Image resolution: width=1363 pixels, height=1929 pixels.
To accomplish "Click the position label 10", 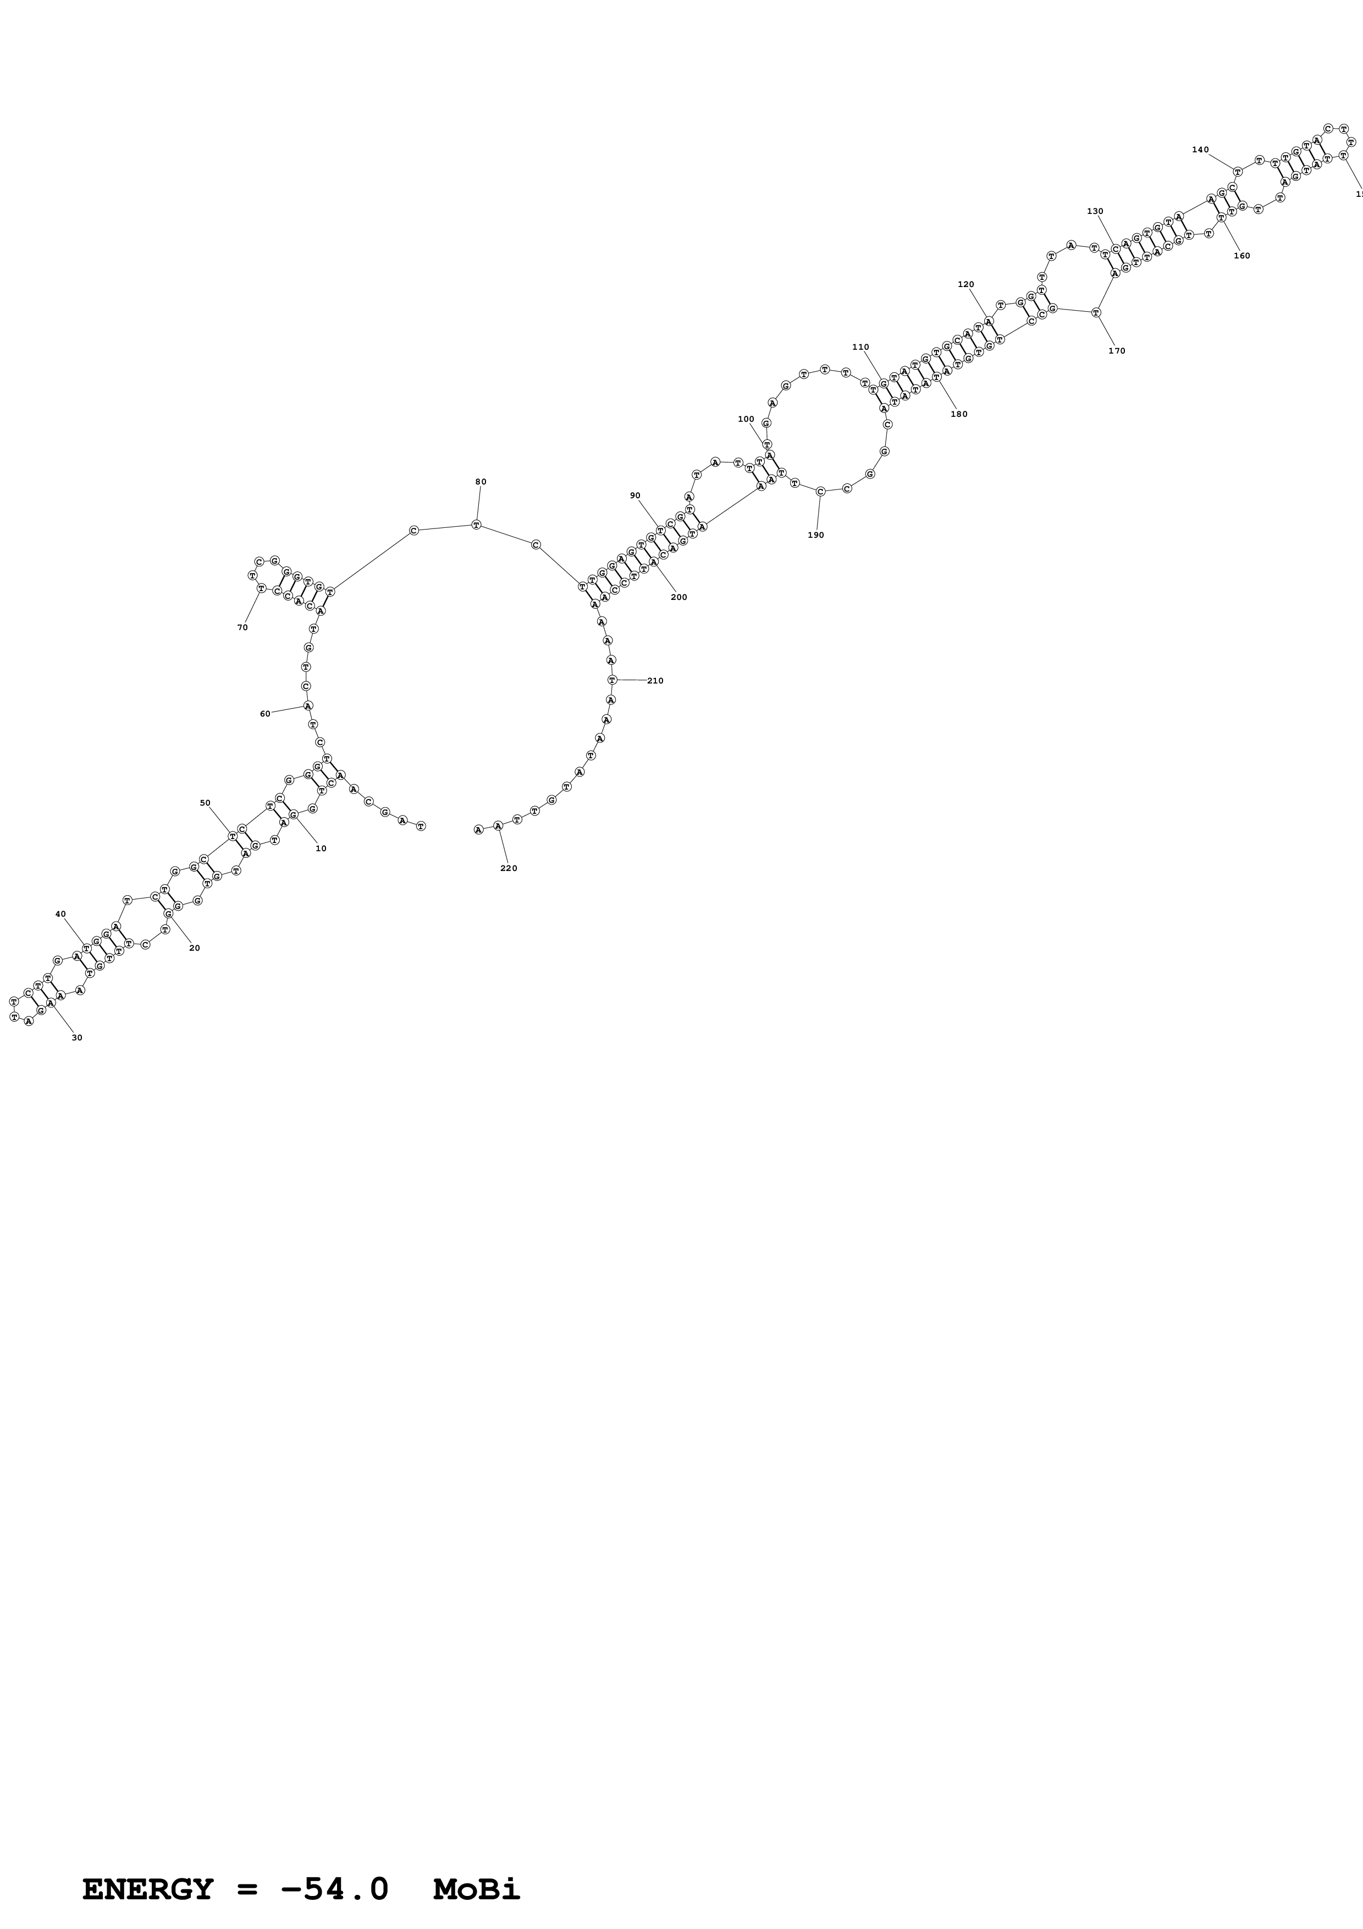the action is [x=321, y=848].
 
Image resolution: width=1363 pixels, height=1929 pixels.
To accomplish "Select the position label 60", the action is [x=266, y=714].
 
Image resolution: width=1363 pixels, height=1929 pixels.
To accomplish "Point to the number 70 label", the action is [x=242, y=627].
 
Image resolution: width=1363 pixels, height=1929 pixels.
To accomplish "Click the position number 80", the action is [x=481, y=482].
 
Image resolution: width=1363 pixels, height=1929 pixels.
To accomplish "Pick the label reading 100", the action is [x=746, y=419].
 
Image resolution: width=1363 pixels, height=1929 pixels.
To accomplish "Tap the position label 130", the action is [x=1095, y=212].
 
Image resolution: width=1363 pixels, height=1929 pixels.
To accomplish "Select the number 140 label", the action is [x=1200, y=150].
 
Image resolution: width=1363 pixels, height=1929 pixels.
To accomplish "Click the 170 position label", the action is [x=1116, y=351].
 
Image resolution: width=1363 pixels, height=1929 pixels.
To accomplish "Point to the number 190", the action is [x=815, y=535].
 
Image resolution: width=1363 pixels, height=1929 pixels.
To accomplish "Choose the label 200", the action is [x=678, y=597].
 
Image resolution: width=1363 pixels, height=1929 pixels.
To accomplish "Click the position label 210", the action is [x=655, y=681].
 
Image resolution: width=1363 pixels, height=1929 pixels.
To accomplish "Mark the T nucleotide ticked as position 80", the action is [x=476, y=525].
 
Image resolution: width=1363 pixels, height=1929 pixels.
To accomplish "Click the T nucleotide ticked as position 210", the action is [x=612, y=680].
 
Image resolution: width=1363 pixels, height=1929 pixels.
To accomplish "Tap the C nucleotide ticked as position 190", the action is [x=820, y=492].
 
